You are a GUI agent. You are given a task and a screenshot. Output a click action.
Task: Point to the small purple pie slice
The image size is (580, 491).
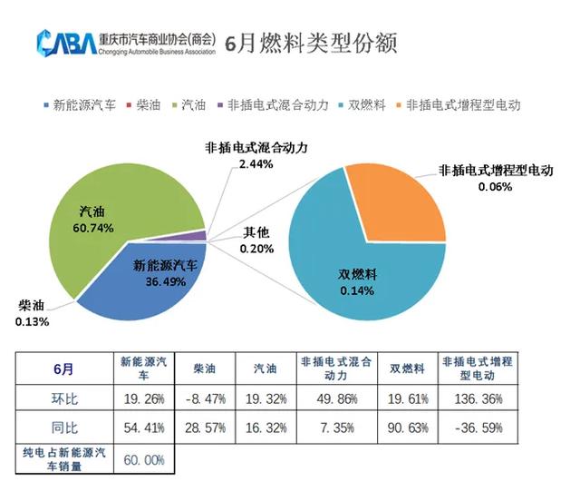[x=194, y=236]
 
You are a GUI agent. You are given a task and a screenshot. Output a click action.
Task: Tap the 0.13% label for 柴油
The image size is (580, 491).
[x=32, y=320]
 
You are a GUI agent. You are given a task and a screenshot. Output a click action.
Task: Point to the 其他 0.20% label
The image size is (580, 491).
[x=257, y=241]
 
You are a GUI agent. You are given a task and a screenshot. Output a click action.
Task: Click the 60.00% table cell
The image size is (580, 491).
[x=144, y=460]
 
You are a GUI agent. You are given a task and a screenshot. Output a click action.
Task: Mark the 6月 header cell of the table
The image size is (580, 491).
[x=63, y=368]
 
